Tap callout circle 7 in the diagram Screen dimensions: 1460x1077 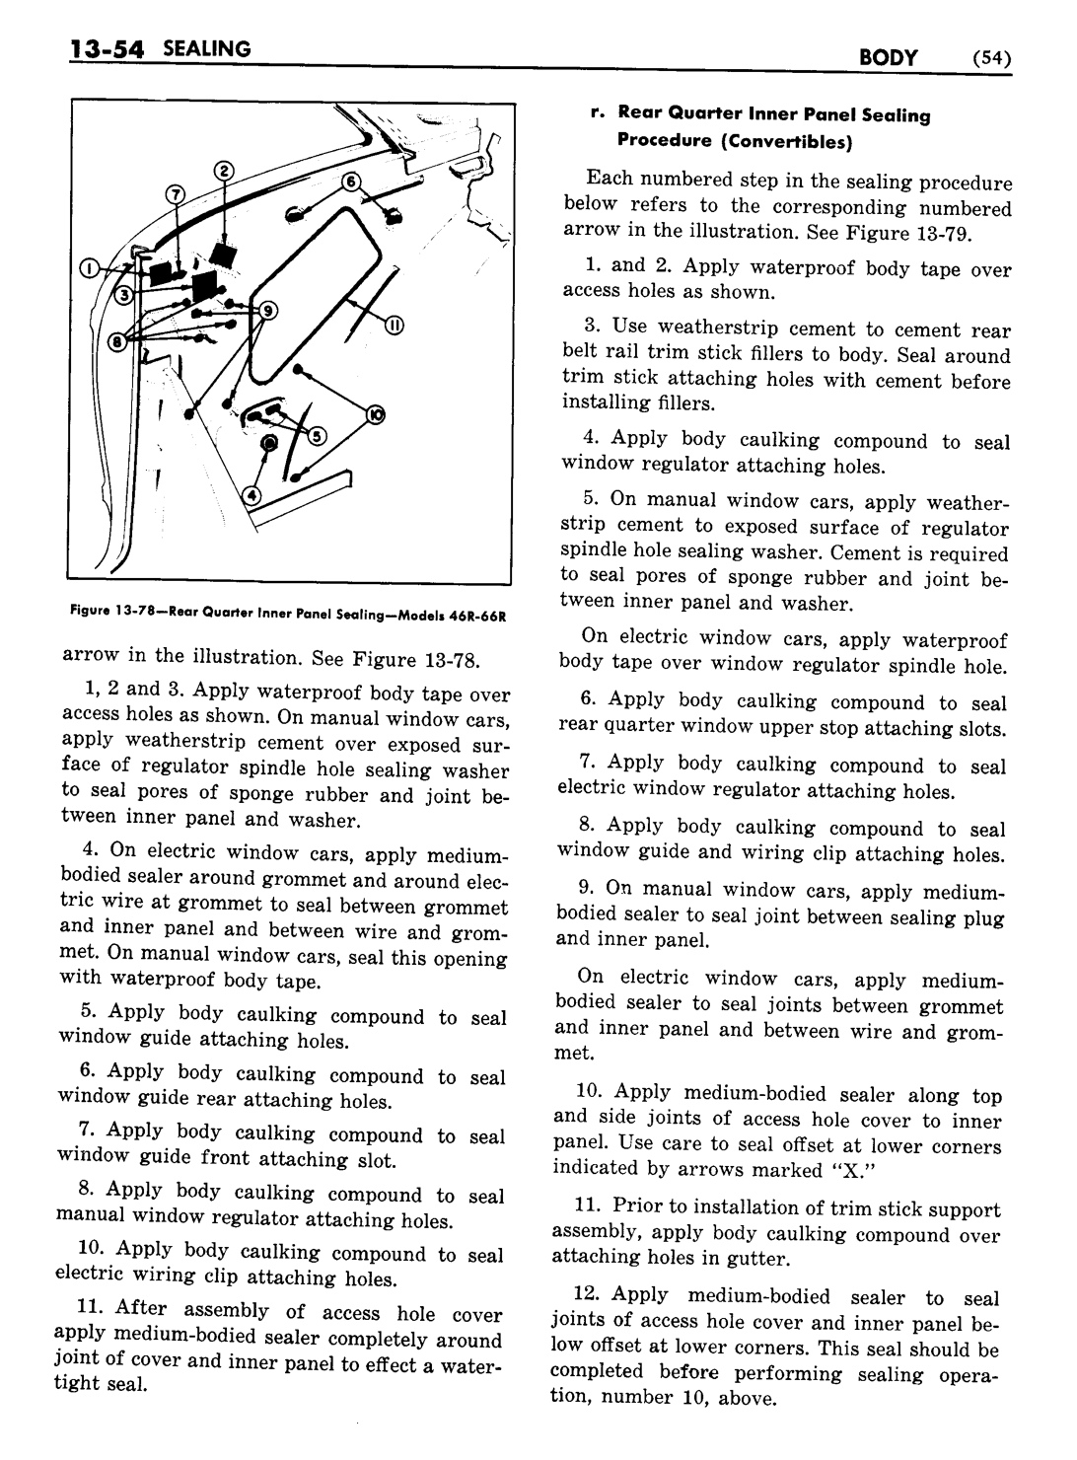tap(177, 192)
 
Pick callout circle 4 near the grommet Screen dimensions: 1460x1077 tap(251, 495)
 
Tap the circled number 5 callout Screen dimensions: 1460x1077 tap(317, 435)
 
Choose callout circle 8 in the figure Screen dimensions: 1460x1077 tap(118, 343)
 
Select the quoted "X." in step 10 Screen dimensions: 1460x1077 tap(803, 1171)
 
